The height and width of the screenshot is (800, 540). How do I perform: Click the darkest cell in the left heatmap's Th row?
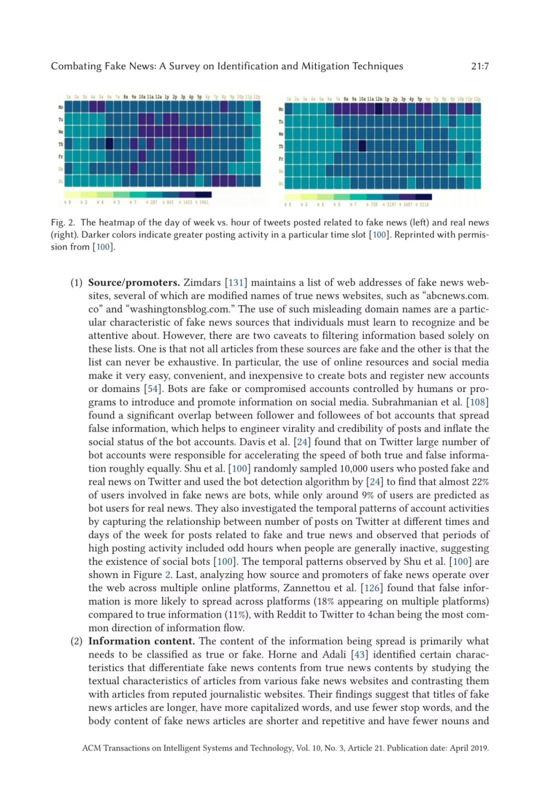pyautogui.click(x=109, y=144)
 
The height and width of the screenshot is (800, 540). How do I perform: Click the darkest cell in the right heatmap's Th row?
pyautogui.click(x=362, y=145)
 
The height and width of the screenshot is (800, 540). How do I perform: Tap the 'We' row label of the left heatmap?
pyautogui.click(x=60, y=132)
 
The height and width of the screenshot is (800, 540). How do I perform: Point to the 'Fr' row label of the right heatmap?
pyautogui.click(x=281, y=158)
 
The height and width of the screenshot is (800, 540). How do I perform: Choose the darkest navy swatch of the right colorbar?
pyautogui.click(x=423, y=196)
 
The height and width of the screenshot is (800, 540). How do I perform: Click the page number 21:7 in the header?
pyautogui.click(x=479, y=66)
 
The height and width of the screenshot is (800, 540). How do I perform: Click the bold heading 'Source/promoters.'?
pyautogui.click(x=133, y=282)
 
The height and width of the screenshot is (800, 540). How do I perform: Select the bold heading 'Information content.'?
pyautogui.click(x=141, y=641)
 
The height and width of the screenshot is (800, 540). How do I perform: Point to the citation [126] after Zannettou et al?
pyautogui.click(x=371, y=588)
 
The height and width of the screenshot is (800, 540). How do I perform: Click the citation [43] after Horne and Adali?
pyautogui.click(x=359, y=654)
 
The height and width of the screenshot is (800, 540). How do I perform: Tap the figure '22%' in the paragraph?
pyautogui.click(x=479, y=482)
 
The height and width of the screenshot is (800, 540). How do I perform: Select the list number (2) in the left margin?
pyautogui.click(x=76, y=641)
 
